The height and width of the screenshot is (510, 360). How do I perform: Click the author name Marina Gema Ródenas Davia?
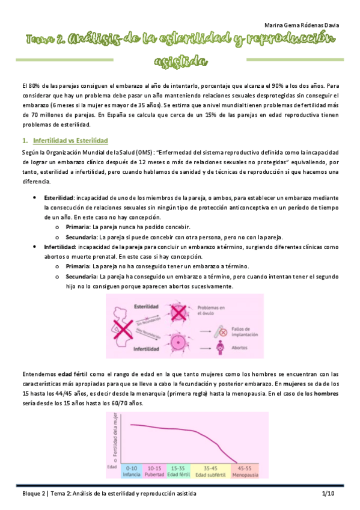point(301,25)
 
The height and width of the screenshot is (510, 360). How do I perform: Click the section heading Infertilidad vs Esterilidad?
point(70,140)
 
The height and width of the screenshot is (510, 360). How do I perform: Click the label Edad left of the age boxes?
point(112,467)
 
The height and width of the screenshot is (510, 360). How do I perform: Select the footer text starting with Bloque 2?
point(106,493)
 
